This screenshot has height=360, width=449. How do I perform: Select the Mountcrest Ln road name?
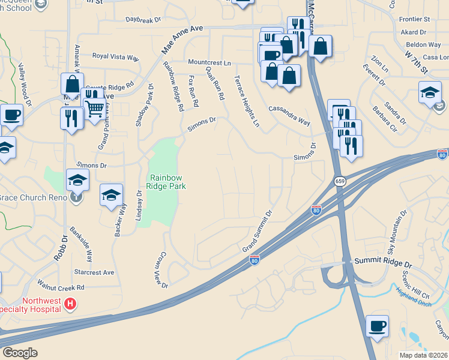pos(209,62)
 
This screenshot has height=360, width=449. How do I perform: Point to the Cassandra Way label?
pos(289,116)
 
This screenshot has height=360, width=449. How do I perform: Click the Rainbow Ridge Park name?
pos(167,182)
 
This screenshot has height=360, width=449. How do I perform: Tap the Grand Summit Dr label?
pos(258,230)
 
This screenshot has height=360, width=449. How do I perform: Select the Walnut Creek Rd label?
pos(61,287)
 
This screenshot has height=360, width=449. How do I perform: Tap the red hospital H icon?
pos(70,305)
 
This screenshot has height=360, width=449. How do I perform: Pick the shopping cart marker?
pos(94,108)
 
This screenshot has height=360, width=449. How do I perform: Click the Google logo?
pos(19,353)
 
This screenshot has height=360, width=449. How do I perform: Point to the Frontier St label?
pos(415,20)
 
